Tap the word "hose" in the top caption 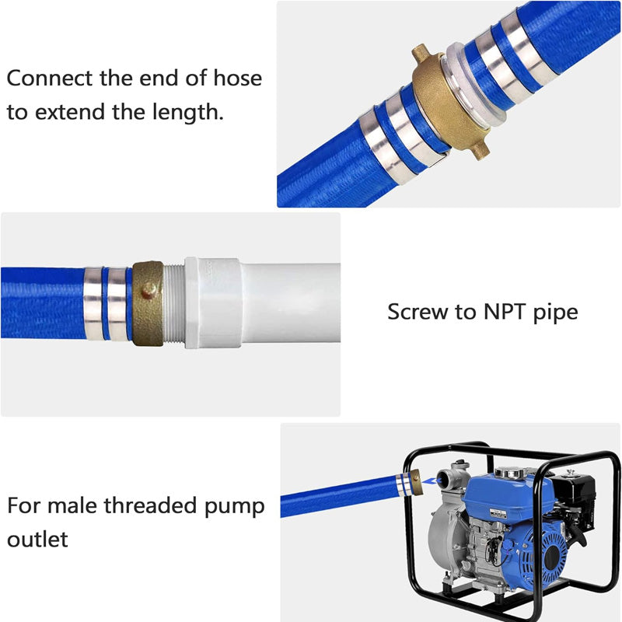236,79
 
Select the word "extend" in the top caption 73,112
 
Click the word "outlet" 38,539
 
